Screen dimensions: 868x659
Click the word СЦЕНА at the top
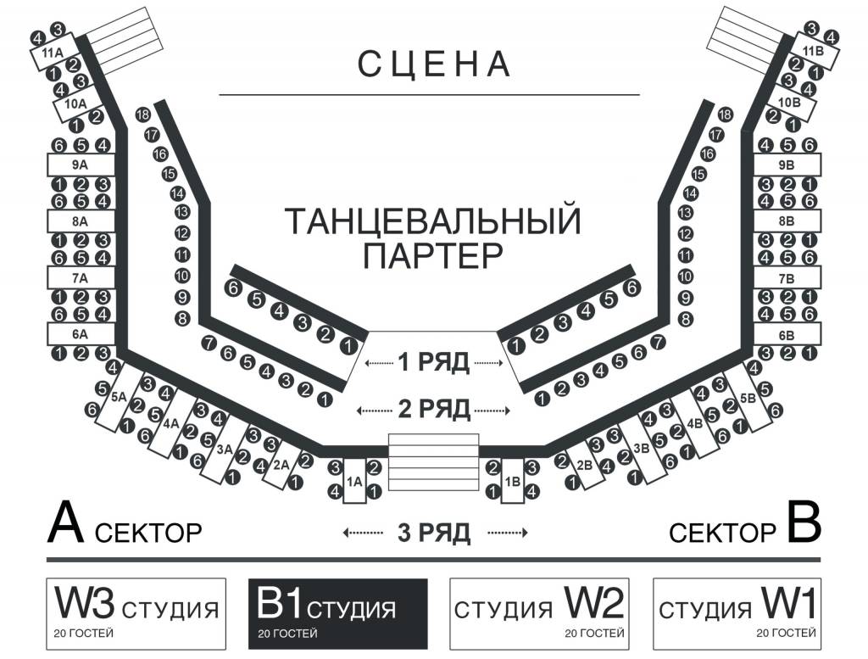[433, 64]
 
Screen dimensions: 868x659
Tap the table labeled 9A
[81, 165]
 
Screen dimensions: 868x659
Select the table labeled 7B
[787, 277]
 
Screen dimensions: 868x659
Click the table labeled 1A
[354, 481]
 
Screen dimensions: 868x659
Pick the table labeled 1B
[513, 481]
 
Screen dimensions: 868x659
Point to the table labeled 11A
[53, 52]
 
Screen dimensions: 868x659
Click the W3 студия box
[136, 613]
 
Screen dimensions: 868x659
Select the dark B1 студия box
[337, 613]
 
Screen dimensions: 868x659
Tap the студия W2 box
[539, 613]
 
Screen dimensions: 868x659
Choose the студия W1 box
[737, 613]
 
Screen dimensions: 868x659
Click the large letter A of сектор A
[66, 522]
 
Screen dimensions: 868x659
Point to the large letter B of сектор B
[804, 522]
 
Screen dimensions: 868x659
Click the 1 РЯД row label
[434, 362]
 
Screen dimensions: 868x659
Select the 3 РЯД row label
[434, 533]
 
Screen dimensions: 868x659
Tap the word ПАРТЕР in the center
[433, 255]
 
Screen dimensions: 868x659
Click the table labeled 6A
[81, 334]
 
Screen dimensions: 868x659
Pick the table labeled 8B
[787, 221]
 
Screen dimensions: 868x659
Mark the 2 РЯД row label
[434, 410]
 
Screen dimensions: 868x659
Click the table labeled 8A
[81, 221]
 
